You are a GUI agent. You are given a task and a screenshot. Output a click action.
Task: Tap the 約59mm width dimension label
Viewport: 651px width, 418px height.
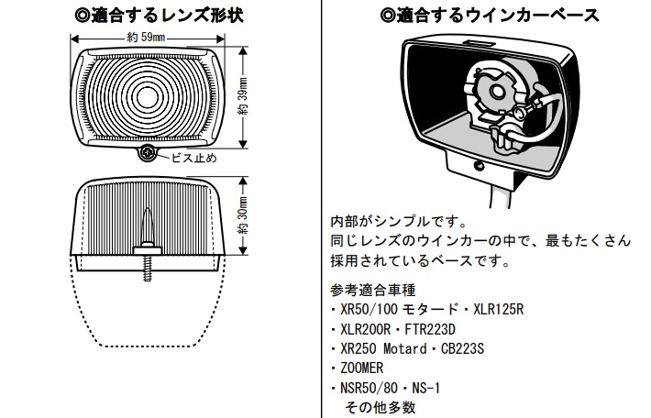tap(147, 38)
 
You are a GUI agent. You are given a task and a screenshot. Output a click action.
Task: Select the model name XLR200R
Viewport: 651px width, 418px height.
tap(370, 328)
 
